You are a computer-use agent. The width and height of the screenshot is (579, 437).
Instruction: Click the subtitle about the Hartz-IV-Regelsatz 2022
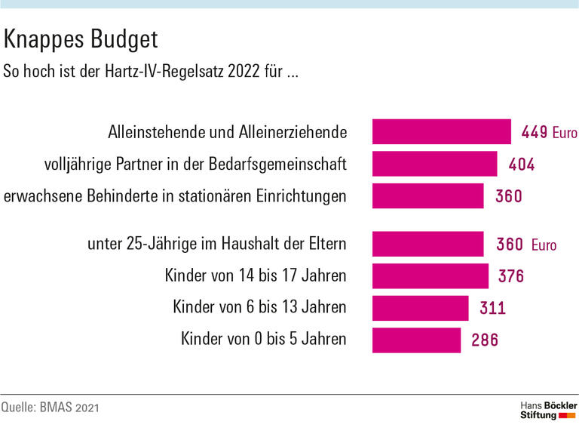pos(149,72)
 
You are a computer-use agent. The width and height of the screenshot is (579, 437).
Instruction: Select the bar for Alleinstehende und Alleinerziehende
pos(441,132)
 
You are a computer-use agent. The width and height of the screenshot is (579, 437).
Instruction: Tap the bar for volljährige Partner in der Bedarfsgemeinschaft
pos(434,164)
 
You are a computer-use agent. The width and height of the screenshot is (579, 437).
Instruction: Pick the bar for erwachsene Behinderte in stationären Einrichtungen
pos(427,196)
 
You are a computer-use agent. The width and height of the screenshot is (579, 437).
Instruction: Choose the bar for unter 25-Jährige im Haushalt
pos(427,245)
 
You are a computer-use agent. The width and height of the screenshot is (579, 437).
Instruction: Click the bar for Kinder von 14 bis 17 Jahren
pos(430,276)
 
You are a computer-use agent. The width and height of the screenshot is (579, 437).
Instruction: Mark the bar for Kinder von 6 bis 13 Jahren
pos(420,308)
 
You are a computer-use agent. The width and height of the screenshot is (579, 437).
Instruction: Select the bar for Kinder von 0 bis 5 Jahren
pos(416,340)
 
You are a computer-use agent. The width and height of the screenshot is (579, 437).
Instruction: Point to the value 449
pos(535,133)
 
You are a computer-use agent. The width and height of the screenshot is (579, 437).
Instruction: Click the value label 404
pos(520,165)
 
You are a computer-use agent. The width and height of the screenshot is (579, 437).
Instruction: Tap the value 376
pos(510,276)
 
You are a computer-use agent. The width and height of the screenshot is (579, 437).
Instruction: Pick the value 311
pos(492,308)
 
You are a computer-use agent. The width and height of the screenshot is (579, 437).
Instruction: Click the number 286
pos(484,340)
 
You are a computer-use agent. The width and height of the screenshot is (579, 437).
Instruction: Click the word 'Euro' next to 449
pos(564,133)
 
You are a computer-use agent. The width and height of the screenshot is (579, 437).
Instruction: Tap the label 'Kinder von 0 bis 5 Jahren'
pos(263,340)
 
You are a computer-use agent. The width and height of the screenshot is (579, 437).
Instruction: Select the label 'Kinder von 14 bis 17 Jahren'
pos(255,276)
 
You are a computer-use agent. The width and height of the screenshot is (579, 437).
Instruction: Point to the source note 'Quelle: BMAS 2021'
pos(50,408)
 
